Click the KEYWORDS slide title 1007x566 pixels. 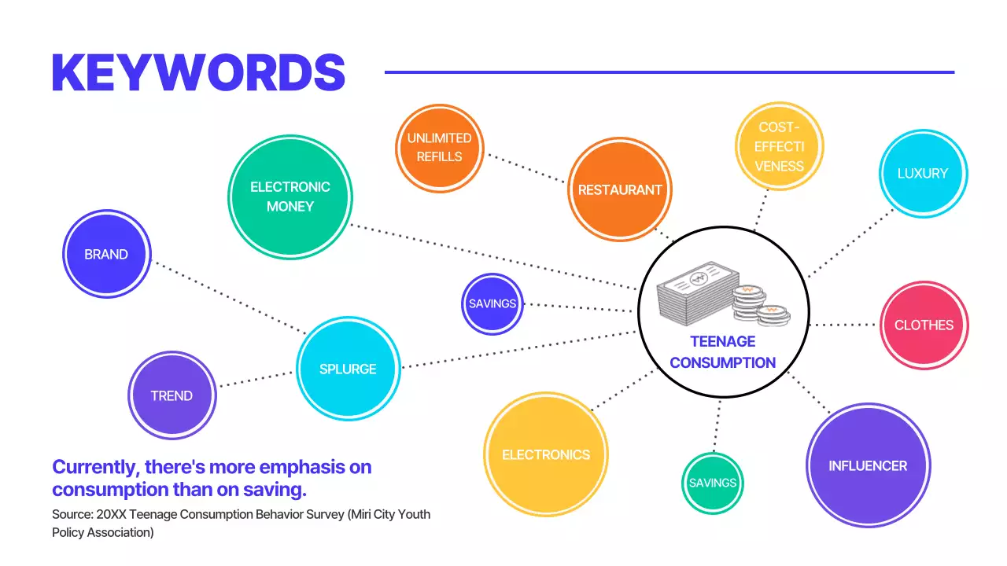point(198,73)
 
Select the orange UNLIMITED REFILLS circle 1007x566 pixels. point(439,147)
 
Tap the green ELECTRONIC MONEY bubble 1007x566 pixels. point(290,197)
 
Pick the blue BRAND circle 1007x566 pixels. point(106,254)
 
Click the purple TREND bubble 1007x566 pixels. point(172,395)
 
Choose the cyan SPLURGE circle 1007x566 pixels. point(348,369)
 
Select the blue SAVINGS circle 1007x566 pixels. point(492,303)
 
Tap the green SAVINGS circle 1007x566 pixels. point(712,483)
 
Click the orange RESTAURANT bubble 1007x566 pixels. point(620,189)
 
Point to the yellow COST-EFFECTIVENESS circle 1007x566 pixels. point(780,146)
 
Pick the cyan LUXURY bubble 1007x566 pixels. point(923,173)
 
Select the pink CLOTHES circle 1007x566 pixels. point(924,325)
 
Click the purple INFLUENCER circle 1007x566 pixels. point(868,465)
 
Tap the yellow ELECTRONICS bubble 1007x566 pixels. point(546,454)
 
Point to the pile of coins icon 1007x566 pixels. point(759,306)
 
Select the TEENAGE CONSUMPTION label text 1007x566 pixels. point(723,352)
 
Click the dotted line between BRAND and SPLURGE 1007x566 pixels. point(228,298)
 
